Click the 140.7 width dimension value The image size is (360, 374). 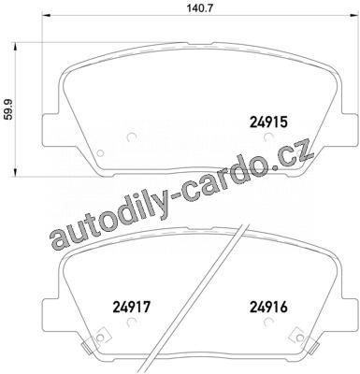coord(195,8)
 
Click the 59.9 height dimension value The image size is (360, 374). coord(9,110)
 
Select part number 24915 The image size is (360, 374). coord(268,122)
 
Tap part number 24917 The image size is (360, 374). coord(132,307)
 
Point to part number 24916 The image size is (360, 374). coord(268,307)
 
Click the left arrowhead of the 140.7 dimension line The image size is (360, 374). coord(46,15)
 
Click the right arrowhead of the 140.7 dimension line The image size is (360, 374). coord(353,15)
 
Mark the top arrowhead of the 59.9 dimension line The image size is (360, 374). coord(14,48)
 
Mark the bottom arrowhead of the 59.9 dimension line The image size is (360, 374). coord(14,173)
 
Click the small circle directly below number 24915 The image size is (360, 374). coord(268,137)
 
